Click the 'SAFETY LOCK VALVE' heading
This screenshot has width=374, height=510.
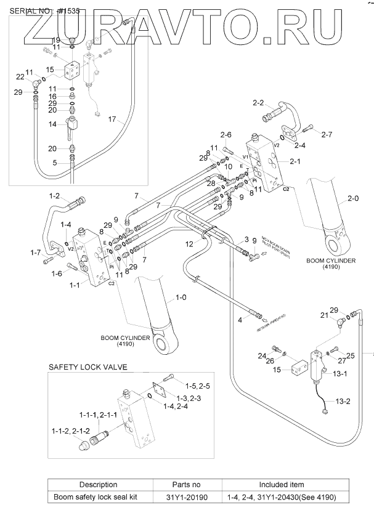coord(87,368)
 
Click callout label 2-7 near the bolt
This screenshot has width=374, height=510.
coord(327,134)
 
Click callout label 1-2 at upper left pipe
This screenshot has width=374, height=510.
coord(54,196)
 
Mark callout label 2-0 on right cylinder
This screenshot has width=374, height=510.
coord(353,198)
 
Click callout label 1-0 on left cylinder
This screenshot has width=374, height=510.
coord(181,297)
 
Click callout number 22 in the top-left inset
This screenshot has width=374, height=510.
coord(20,76)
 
